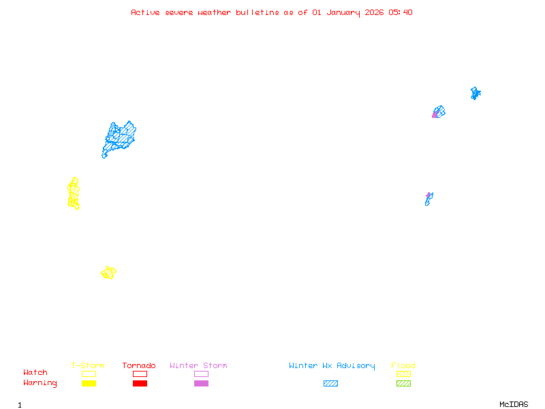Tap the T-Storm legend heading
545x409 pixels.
(88, 366)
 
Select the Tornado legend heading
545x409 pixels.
(139, 366)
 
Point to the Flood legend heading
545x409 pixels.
(403, 366)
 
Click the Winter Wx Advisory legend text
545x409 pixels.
(332, 366)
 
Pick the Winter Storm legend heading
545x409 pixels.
(198, 366)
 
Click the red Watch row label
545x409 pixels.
(35, 373)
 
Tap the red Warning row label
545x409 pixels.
(40, 383)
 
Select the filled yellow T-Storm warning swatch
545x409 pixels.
(89, 384)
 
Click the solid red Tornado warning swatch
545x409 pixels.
(140, 384)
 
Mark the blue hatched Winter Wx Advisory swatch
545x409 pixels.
(330, 384)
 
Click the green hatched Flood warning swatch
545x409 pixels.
(403, 384)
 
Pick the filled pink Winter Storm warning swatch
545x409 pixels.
(201, 384)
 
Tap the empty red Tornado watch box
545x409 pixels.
(140, 374)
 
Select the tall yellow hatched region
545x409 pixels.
(74, 194)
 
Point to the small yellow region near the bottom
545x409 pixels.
(108, 273)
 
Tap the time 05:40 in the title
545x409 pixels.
(400, 12)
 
